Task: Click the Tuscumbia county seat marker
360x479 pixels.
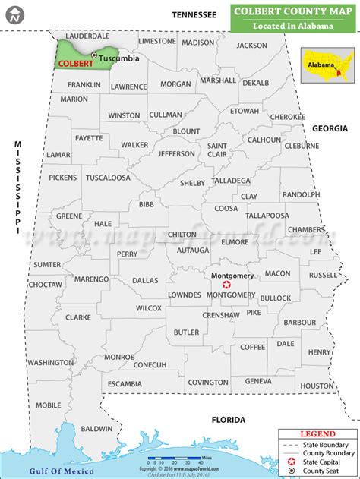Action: [93, 55]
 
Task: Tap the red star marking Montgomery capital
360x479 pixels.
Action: [226, 284]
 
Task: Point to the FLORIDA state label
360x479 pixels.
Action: [229, 420]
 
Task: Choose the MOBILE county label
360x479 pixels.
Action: [48, 405]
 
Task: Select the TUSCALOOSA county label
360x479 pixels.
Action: [106, 178]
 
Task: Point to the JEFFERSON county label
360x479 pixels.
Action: [177, 153]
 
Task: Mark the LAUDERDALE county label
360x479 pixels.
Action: [87, 36]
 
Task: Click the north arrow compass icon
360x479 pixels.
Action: [14, 14]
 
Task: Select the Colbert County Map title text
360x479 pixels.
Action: [293, 12]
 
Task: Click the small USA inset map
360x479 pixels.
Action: [327, 64]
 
